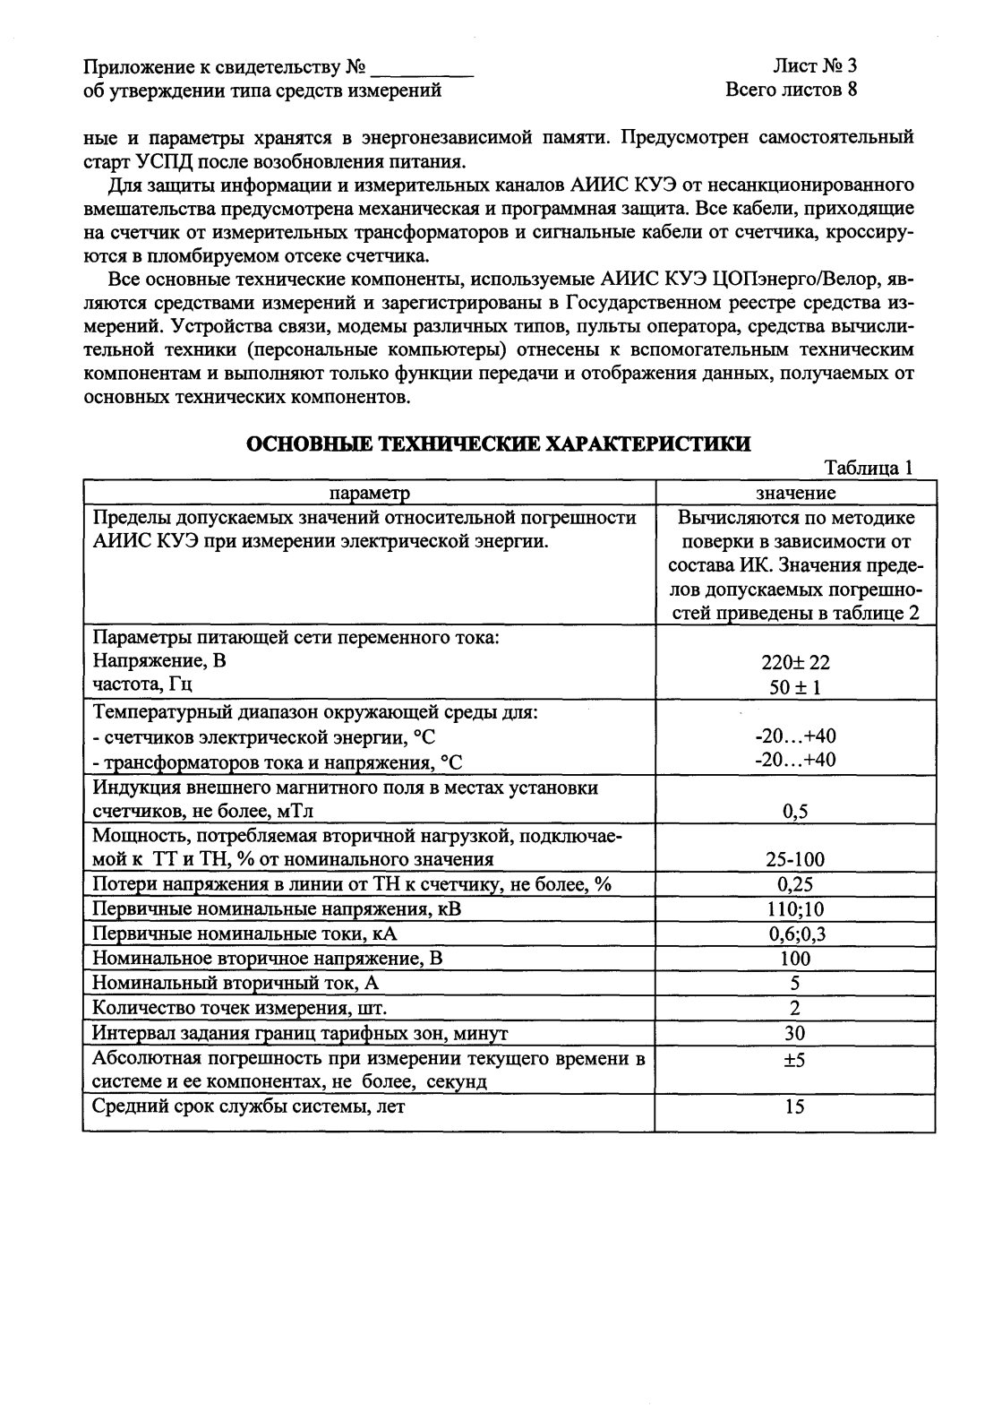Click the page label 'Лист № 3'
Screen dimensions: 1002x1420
point(816,66)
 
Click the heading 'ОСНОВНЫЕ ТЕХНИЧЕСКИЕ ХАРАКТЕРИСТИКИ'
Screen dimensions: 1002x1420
point(499,444)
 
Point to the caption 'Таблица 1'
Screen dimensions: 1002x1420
point(869,469)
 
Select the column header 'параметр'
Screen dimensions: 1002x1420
point(370,493)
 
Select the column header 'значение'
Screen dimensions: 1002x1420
point(796,493)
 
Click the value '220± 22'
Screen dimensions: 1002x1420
point(795,663)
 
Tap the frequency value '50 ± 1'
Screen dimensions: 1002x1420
point(795,687)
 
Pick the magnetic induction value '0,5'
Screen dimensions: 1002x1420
point(795,812)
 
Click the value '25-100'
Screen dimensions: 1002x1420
point(795,860)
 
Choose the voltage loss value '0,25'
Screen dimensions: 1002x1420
point(795,884)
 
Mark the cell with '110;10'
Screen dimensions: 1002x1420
point(795,909)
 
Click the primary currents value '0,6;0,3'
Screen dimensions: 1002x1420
point(795,934)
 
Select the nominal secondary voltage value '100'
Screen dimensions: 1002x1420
point(795,959)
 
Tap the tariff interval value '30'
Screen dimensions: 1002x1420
point(795,1033)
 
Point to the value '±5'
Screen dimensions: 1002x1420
point(795,1059)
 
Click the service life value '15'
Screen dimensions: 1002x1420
point(795,1106)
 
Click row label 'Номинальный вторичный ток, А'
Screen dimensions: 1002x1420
point(236,984)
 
